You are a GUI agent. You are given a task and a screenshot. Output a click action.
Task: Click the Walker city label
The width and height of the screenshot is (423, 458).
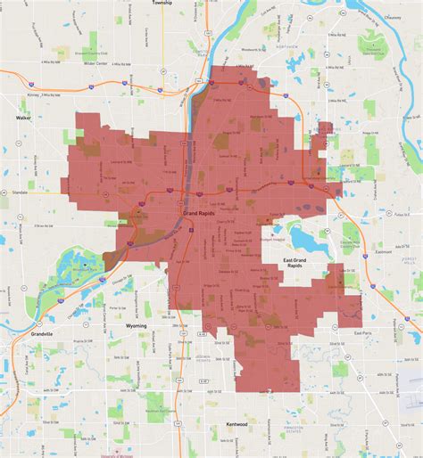(x=23, y=117)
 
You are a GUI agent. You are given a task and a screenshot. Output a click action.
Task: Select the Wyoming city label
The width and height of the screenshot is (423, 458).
(x=137, y=326)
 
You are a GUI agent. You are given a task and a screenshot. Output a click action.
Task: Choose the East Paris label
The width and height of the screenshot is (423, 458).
(x=362, y=332)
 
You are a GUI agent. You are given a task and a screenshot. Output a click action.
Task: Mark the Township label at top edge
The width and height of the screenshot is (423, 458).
(x=162, y=4)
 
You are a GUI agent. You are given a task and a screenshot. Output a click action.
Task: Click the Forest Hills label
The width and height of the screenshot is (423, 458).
(x=410, y=259)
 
